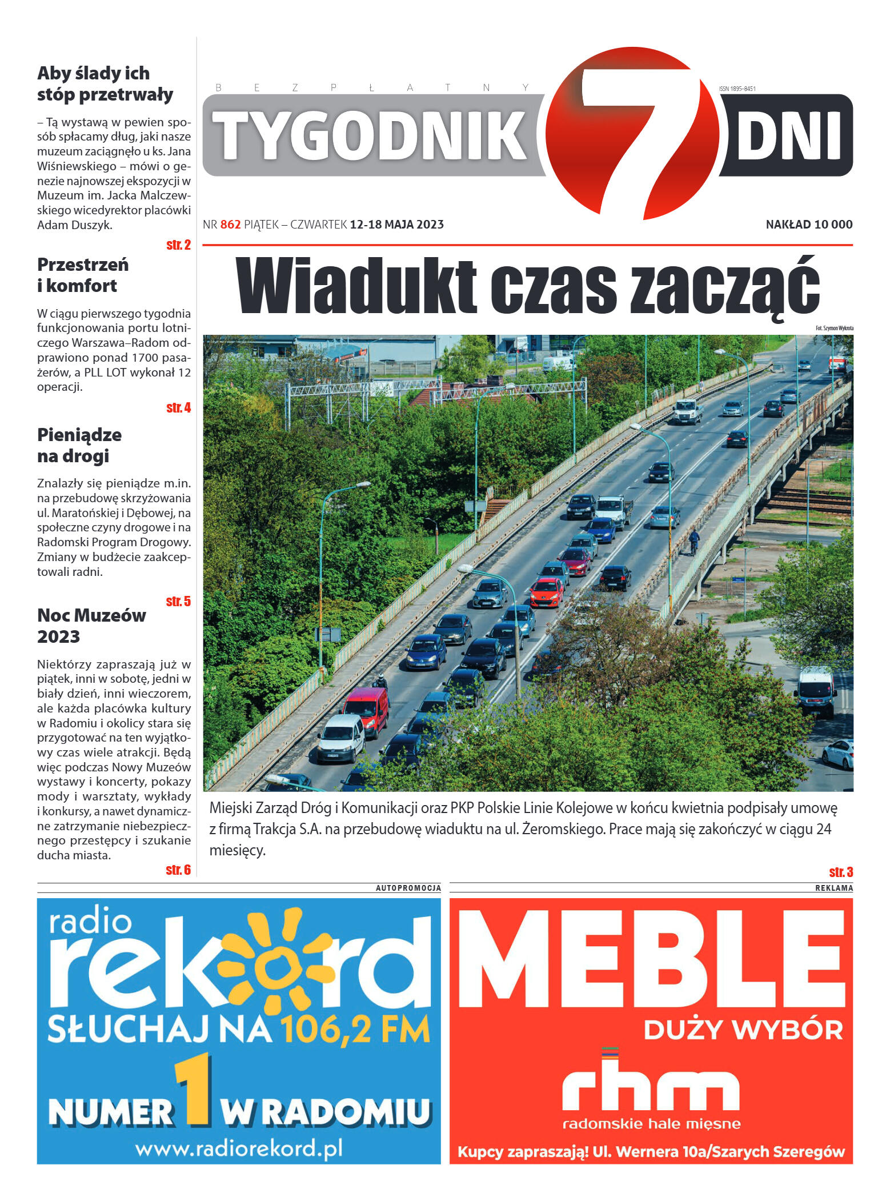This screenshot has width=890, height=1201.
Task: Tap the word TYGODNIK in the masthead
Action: coord(371,135)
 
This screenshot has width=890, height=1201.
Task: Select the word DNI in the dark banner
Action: coord(788,136)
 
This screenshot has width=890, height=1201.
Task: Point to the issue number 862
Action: coord(230,225)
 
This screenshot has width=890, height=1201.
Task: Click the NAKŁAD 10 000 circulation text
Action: coord(808,225)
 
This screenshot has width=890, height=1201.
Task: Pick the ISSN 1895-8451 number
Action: coord(737,89)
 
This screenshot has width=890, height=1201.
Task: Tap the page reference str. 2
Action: coord(178,245)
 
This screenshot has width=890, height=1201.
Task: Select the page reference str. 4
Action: coord(178,408)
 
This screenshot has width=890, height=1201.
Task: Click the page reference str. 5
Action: coord(178,602)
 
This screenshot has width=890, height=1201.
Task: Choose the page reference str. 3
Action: coord(841,872)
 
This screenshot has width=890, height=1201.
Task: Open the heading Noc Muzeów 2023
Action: coord(91,626)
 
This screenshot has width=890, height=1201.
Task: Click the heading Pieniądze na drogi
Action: coord(79,445)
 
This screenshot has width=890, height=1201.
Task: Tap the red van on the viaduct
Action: coord(367,710)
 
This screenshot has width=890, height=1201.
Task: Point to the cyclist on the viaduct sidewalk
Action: coord(693,540)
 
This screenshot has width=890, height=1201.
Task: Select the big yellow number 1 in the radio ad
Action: coord(195,1092)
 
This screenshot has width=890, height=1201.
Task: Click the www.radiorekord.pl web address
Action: coord(239,1148)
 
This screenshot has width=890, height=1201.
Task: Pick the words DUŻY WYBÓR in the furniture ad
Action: coord(743,1030)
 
